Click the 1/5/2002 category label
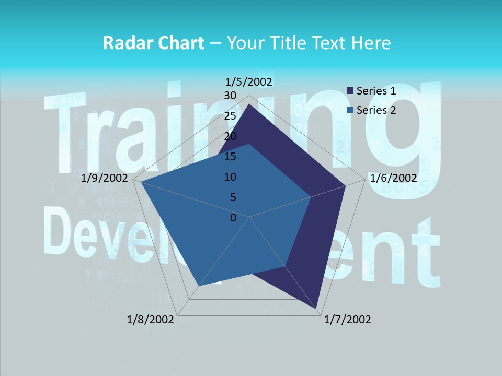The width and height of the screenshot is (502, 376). pos(249,81)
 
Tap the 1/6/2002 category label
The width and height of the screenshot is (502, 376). pos(393,178)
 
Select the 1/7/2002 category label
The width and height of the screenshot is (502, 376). pos(347,320)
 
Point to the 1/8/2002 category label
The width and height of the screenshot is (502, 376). pos(151,320)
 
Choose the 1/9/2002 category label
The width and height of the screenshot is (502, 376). pos(105,178)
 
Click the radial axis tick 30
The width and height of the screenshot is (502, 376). pos(230,96)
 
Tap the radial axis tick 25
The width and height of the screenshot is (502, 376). pos(230,116)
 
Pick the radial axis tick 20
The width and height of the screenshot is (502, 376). pos(230,136)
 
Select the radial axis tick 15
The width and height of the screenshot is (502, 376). pos(230,157)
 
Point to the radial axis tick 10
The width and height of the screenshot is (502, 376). pos(230,177)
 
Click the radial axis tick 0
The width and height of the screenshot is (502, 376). pos(233,218)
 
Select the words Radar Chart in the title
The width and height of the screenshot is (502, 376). pos(153,43)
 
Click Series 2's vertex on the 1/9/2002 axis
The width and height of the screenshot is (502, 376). pos(142,182)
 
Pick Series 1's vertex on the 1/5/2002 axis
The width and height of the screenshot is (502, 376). pos(249,104)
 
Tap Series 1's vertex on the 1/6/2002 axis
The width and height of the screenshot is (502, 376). pos(345,185)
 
